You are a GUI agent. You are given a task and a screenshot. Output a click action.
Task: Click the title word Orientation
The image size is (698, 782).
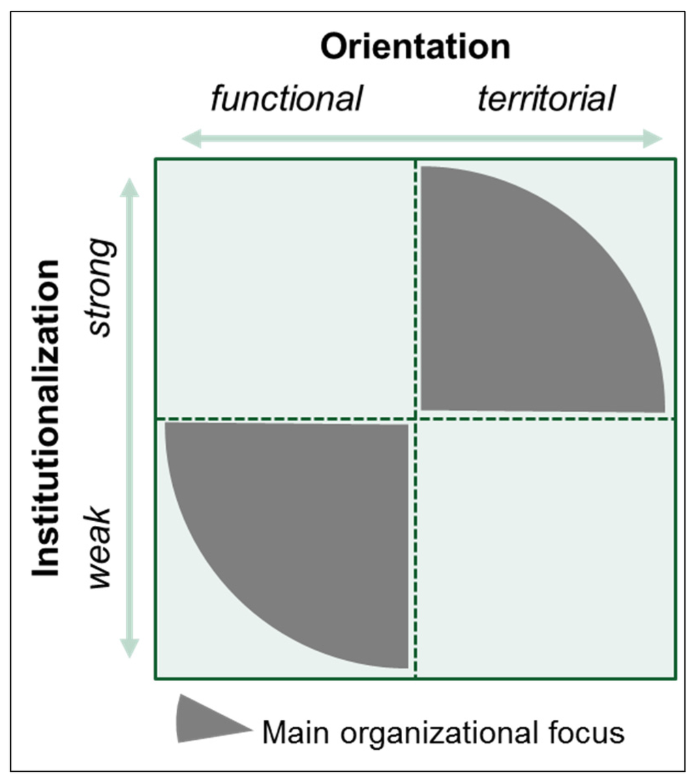[415, 48]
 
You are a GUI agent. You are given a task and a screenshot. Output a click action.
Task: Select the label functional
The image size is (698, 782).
[286, 99]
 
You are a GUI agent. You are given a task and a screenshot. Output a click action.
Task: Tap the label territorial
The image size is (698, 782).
[546, 99]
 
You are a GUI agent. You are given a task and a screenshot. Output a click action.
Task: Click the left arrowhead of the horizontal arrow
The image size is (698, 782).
[192, 140]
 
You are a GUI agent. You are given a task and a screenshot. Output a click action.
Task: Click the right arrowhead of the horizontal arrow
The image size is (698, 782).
[652, 140]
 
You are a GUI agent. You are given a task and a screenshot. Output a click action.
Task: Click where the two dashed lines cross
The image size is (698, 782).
[415, 418]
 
